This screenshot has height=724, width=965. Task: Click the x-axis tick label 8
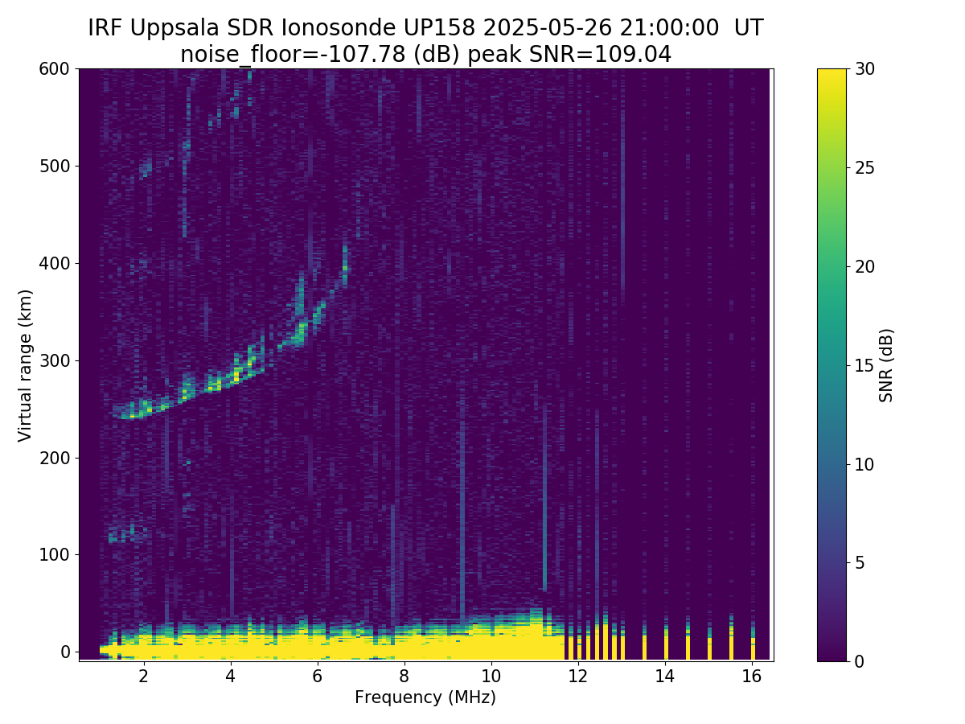click(404, 676)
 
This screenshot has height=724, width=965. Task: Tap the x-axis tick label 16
click(751, 676)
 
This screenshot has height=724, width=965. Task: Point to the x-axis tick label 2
click(143, 676)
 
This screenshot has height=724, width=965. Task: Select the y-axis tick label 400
click(55, 263)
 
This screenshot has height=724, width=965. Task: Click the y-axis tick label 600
click(55, 69)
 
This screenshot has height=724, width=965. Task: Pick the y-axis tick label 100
click(55, 554)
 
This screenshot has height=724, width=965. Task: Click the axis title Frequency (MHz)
click(425, 697)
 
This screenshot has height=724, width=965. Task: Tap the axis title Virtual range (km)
click(26, 365)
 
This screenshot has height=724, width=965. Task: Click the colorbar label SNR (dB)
click(886, 365)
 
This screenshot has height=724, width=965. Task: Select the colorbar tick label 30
click(866, 69)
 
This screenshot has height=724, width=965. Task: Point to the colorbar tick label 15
click(866, 365)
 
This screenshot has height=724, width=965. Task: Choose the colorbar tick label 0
click(861, 661)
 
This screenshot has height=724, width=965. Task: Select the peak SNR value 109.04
click(640, 54)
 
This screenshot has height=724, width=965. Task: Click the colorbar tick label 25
click(866, 168)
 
